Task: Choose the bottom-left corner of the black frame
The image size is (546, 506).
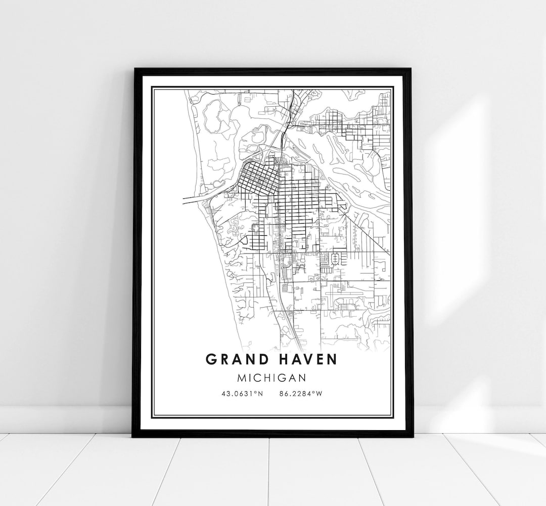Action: [133, 436]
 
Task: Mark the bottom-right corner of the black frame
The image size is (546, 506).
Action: [412, 436]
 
